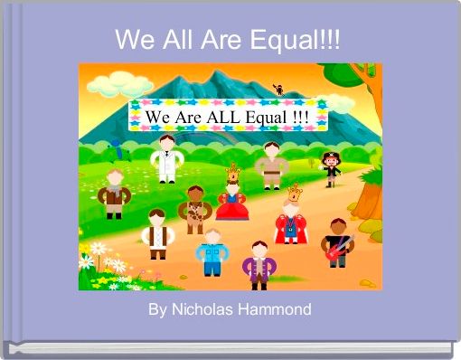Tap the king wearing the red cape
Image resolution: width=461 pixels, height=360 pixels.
pos(292,217)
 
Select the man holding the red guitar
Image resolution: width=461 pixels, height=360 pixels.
pos(337,241)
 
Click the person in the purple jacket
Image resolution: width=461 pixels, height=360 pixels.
pos(259,264)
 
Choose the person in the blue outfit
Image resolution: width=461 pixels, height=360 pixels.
pos(211,251)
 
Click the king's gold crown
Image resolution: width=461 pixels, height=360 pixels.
pos(295,192)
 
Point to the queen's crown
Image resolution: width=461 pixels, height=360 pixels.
pos(233,169)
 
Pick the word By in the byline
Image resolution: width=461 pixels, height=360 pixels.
pos(157,309)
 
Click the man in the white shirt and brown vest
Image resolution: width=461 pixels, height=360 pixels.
pos(158,232)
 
